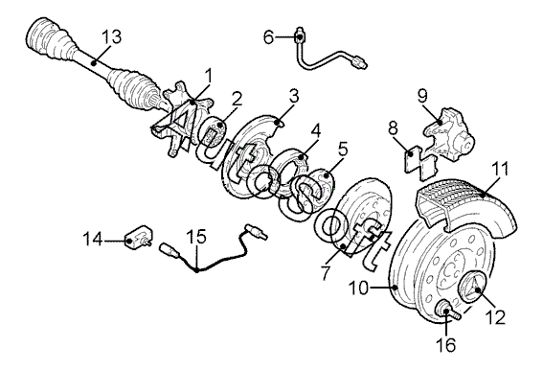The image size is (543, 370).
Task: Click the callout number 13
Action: [x=112, y=37]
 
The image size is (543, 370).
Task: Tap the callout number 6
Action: [x=269, y=36]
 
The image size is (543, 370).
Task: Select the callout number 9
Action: [x=422, y=96]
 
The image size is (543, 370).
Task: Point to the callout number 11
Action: [x=502, y=169]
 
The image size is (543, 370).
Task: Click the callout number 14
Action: [x=93, y=239]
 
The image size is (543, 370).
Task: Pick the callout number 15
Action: [x=196, y=236]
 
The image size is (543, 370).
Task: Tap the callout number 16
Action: [x=445, y=344]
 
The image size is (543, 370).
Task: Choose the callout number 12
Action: [x=495, y=317]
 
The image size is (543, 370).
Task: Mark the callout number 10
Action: [x=358, y=288]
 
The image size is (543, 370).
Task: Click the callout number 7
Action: [x=326, y=273]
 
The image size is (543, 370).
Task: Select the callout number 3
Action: [x=294, y=97]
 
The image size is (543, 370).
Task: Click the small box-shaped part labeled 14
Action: [x=139, y=237]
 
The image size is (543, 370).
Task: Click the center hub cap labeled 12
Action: [x=472, y=288]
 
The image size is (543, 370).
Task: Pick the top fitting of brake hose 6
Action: [x=299, y=35]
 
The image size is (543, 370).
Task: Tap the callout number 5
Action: [x=343, y=150]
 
